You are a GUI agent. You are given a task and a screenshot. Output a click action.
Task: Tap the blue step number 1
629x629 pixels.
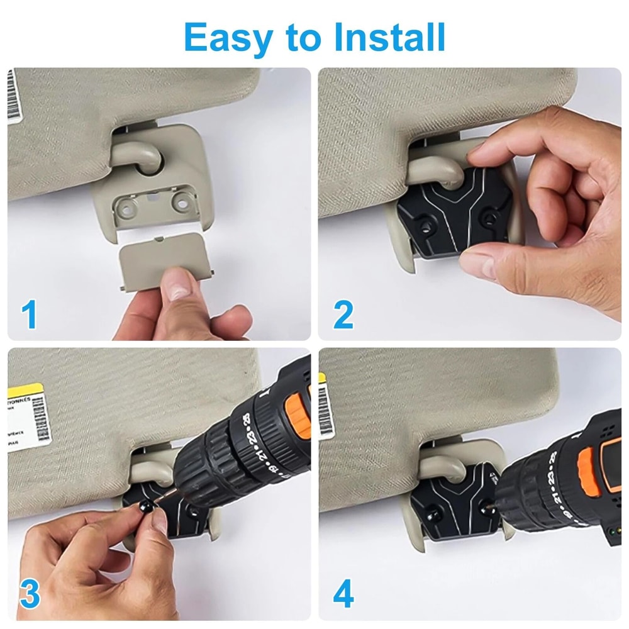click(x=29, y=315)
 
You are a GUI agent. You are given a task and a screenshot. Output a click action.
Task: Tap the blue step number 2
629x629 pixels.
click(x=343, y=315)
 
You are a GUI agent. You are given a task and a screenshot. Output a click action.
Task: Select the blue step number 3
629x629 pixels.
click(x=29, y=594)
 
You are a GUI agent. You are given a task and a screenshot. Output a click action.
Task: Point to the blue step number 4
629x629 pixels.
click(x=343, y=594)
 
